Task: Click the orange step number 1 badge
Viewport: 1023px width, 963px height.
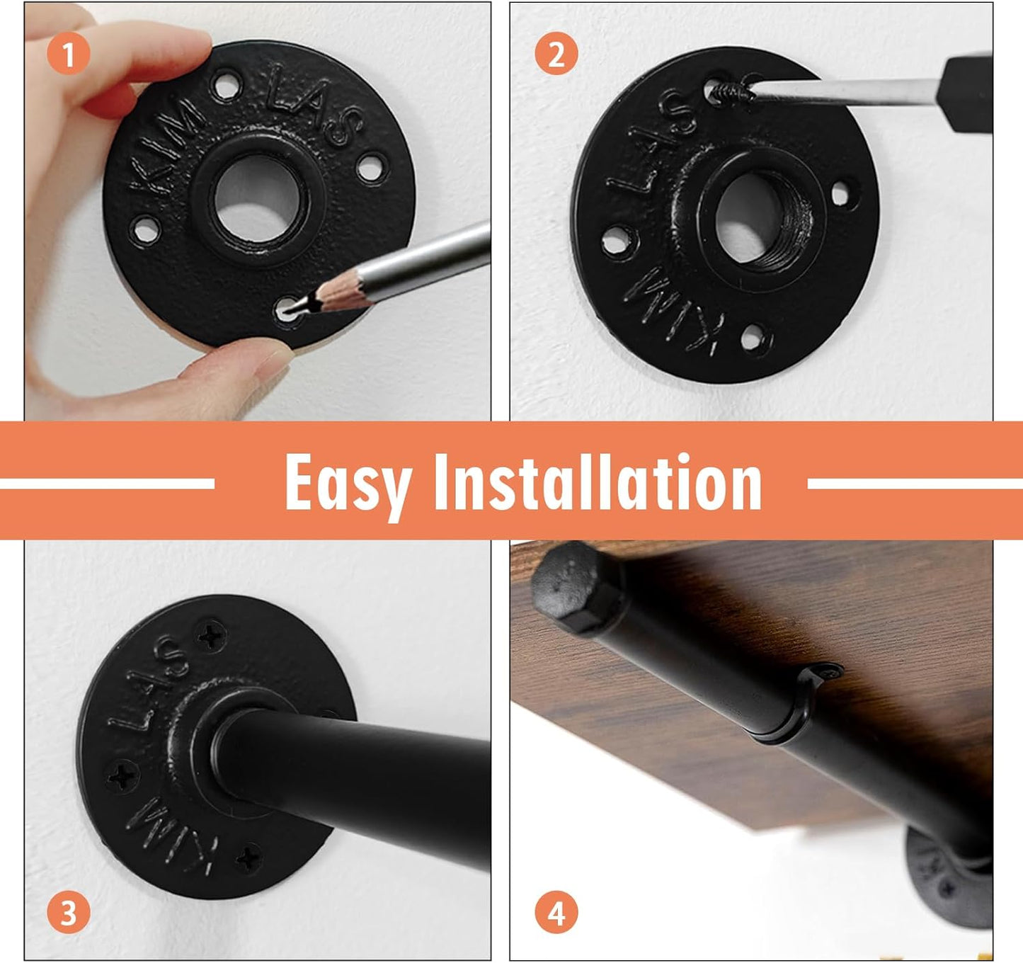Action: coord(68,54)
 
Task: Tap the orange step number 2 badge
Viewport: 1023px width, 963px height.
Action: coord(556,54)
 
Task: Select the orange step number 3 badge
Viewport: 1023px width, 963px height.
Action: coord(68,913)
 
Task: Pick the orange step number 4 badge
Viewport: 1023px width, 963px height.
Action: coord(556,913)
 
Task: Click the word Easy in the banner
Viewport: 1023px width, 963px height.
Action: coord(347,483)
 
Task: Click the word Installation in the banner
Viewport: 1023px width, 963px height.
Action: coord(598,483)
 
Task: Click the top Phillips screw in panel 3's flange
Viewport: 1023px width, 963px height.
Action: coord(210,635)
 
